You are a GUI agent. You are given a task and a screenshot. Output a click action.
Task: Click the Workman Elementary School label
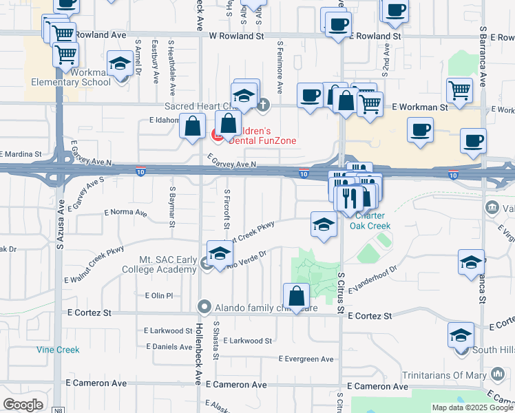[70, 77]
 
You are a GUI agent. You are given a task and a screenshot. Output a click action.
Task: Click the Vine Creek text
[59, 350]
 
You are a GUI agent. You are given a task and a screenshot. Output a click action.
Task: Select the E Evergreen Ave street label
[306, 359]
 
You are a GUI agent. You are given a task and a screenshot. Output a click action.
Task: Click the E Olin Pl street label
[158, 295]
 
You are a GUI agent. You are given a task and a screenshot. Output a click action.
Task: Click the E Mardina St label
[21, 155]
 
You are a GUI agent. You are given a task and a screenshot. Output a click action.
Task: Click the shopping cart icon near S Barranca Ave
[459, 89]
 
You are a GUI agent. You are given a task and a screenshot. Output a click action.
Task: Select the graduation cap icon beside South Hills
[461, 335]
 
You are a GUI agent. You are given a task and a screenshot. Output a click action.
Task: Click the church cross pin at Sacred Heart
[264, 105]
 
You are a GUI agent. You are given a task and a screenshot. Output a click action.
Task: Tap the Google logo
[23, 405]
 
